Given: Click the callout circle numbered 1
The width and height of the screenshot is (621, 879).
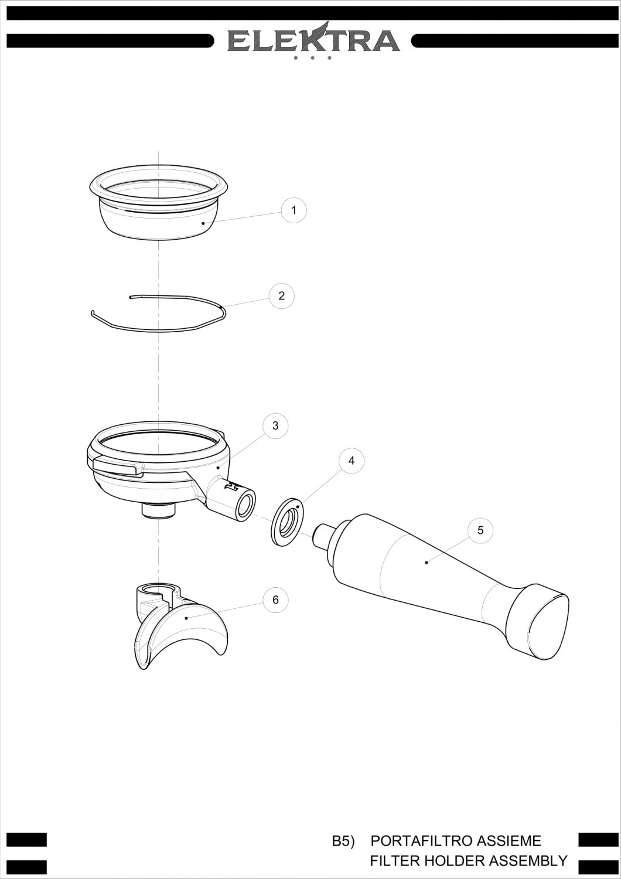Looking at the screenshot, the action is (294, 210).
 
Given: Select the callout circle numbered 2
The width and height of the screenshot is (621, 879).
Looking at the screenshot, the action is (281, 296).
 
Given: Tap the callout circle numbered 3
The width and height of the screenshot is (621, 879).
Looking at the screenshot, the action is (275, 425).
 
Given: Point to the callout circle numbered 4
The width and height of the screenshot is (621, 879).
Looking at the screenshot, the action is (352, 461).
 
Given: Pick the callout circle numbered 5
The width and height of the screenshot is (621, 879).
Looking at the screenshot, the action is (480, 530).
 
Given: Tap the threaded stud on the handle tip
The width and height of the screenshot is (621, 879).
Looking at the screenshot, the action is (322, 534).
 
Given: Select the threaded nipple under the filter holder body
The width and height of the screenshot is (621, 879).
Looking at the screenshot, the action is (159, 510).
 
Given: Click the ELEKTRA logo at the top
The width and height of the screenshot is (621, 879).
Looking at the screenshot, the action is (313, 40).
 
